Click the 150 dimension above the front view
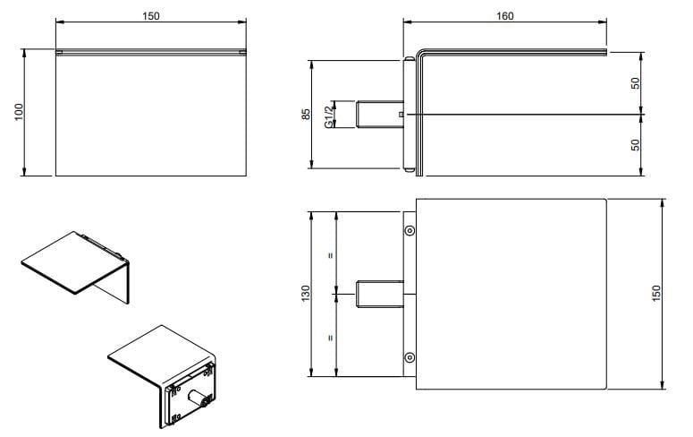pyautogui.click(x=150, y=16)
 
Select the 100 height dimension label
pyautogui.click(x=19, y=111)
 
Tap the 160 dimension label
pyautogui.click(x=504, y=16)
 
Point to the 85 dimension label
pyautogui.click(x=305, y=114)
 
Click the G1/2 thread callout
pyautogui.click(x=328, y=114)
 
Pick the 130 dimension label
pyautogui.click(x=305, y=293)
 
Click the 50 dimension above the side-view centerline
pyautogui.click(x=635, y=82)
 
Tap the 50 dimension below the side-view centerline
pyautogui.click(x=635, y=144)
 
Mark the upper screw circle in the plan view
pyautogui.click(x=410, y=230)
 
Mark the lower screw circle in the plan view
pyautogui.click(x=410, y=356)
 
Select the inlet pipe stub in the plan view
pyautogui.click(x=381, y=294)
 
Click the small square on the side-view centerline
pyautogui.click(x=401, y=115)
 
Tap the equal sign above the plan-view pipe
pyautogui.click(x=331, y=255)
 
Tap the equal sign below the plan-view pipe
pyautogui.click(x=331, y=338)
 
